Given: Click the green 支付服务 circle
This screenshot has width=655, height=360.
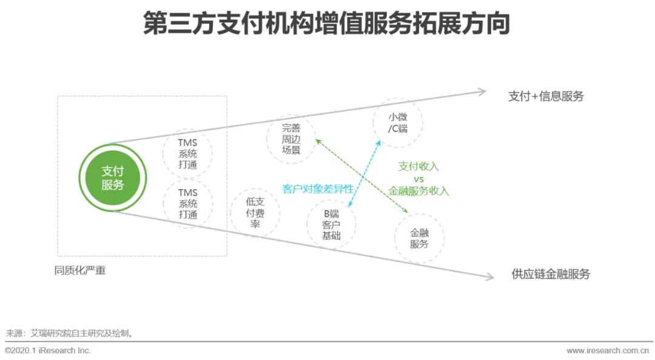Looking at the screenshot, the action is [x=112, y=178].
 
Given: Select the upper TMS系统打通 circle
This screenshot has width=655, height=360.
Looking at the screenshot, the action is [x=187, y=153].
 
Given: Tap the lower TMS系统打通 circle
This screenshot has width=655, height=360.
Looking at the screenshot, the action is [x=187, y=204].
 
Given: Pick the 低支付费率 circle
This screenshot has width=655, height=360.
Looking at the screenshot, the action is [x=255, y=212].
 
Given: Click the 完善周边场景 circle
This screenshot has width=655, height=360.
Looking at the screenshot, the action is [x=291, y=139].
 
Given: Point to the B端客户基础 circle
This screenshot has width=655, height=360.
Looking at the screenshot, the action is [x=331, y=224].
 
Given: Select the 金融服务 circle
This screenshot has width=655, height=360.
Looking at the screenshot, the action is [x=419, y=238].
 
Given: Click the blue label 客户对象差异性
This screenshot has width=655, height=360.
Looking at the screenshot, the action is [x=318, y=188].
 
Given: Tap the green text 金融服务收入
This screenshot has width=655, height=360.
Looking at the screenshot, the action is [x=418, y=192].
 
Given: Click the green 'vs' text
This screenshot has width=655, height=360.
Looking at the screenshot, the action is [x=418, y=179].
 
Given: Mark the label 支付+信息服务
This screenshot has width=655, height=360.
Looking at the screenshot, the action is [x=546, y=96].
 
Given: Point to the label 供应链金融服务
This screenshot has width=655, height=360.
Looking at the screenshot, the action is [x=550, y=274].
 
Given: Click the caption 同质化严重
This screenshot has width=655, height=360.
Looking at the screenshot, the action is [x=80, y=270].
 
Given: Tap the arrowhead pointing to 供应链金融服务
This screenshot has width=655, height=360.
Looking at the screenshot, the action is [x=489, y=277].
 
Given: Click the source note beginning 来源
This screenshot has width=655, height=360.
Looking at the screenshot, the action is [x=69, y=333].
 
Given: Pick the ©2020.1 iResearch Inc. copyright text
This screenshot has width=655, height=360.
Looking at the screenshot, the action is [x=48, y=350].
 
